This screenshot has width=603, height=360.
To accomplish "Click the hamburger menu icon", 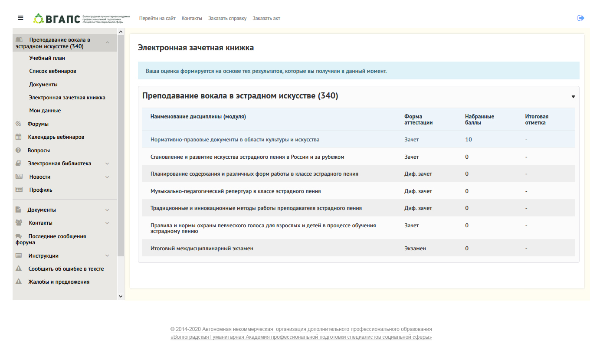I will [20, 18].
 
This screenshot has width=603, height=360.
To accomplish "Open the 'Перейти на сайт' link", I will [157, 18].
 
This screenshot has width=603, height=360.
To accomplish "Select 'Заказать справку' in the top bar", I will [227, 18].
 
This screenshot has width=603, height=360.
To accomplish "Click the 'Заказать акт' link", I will [266, 18].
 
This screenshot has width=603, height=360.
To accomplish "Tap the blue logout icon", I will [581, 18].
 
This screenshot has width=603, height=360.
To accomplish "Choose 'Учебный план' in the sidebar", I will [47, 58].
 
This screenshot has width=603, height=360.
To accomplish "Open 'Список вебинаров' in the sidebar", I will [52, 71].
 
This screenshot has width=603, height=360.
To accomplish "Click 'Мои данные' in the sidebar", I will [45, 111].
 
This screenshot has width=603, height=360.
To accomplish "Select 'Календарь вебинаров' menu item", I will [56, 137].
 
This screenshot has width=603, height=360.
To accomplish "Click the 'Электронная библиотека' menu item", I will [59, 164].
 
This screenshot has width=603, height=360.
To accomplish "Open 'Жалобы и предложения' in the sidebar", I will [59, 282].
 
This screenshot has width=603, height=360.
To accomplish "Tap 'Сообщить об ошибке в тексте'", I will [66, 269].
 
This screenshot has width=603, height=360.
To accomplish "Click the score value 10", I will [469, 140].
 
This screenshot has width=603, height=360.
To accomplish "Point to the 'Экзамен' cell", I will [415, 249].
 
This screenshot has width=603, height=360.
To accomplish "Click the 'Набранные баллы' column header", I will [479, 119].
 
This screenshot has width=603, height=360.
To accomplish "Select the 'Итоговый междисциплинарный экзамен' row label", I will [202, 249].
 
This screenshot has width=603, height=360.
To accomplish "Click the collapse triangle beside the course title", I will [573, 97].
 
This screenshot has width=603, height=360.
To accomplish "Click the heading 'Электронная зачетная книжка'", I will [196, 48].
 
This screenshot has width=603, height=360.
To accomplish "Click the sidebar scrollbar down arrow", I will [121, 296].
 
